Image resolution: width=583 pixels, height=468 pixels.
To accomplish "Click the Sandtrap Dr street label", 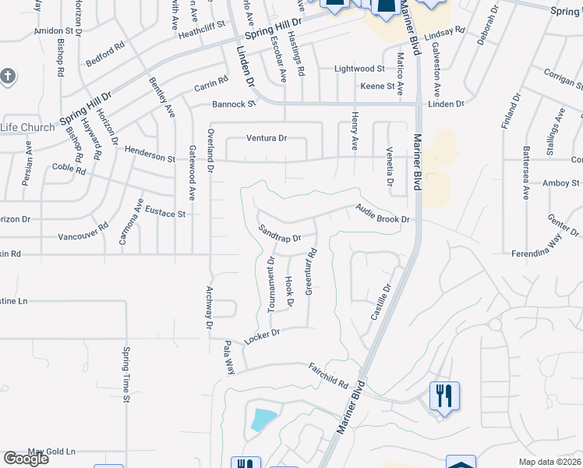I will click(279, 232).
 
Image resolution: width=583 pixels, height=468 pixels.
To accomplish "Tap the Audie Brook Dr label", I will click(382, 214).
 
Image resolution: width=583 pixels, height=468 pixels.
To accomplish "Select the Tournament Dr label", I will click(272, 285).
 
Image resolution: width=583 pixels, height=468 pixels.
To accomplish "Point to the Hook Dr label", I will click(289, 290).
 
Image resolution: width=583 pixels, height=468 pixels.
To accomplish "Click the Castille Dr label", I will click(379, 303).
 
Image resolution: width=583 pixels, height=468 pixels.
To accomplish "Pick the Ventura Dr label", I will click(267, 138).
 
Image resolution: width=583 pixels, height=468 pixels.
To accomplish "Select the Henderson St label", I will click(150, 158).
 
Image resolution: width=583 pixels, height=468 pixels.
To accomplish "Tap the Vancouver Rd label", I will click(83, 234).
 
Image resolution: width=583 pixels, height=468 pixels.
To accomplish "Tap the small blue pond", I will click(262, 420).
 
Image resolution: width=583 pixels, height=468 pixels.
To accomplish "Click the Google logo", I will click(26, 459).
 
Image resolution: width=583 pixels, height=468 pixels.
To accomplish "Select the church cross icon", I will click(9, 76).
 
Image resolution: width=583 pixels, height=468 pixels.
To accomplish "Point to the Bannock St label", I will click(234, 104).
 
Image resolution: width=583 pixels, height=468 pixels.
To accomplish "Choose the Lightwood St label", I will click(359, 69).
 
